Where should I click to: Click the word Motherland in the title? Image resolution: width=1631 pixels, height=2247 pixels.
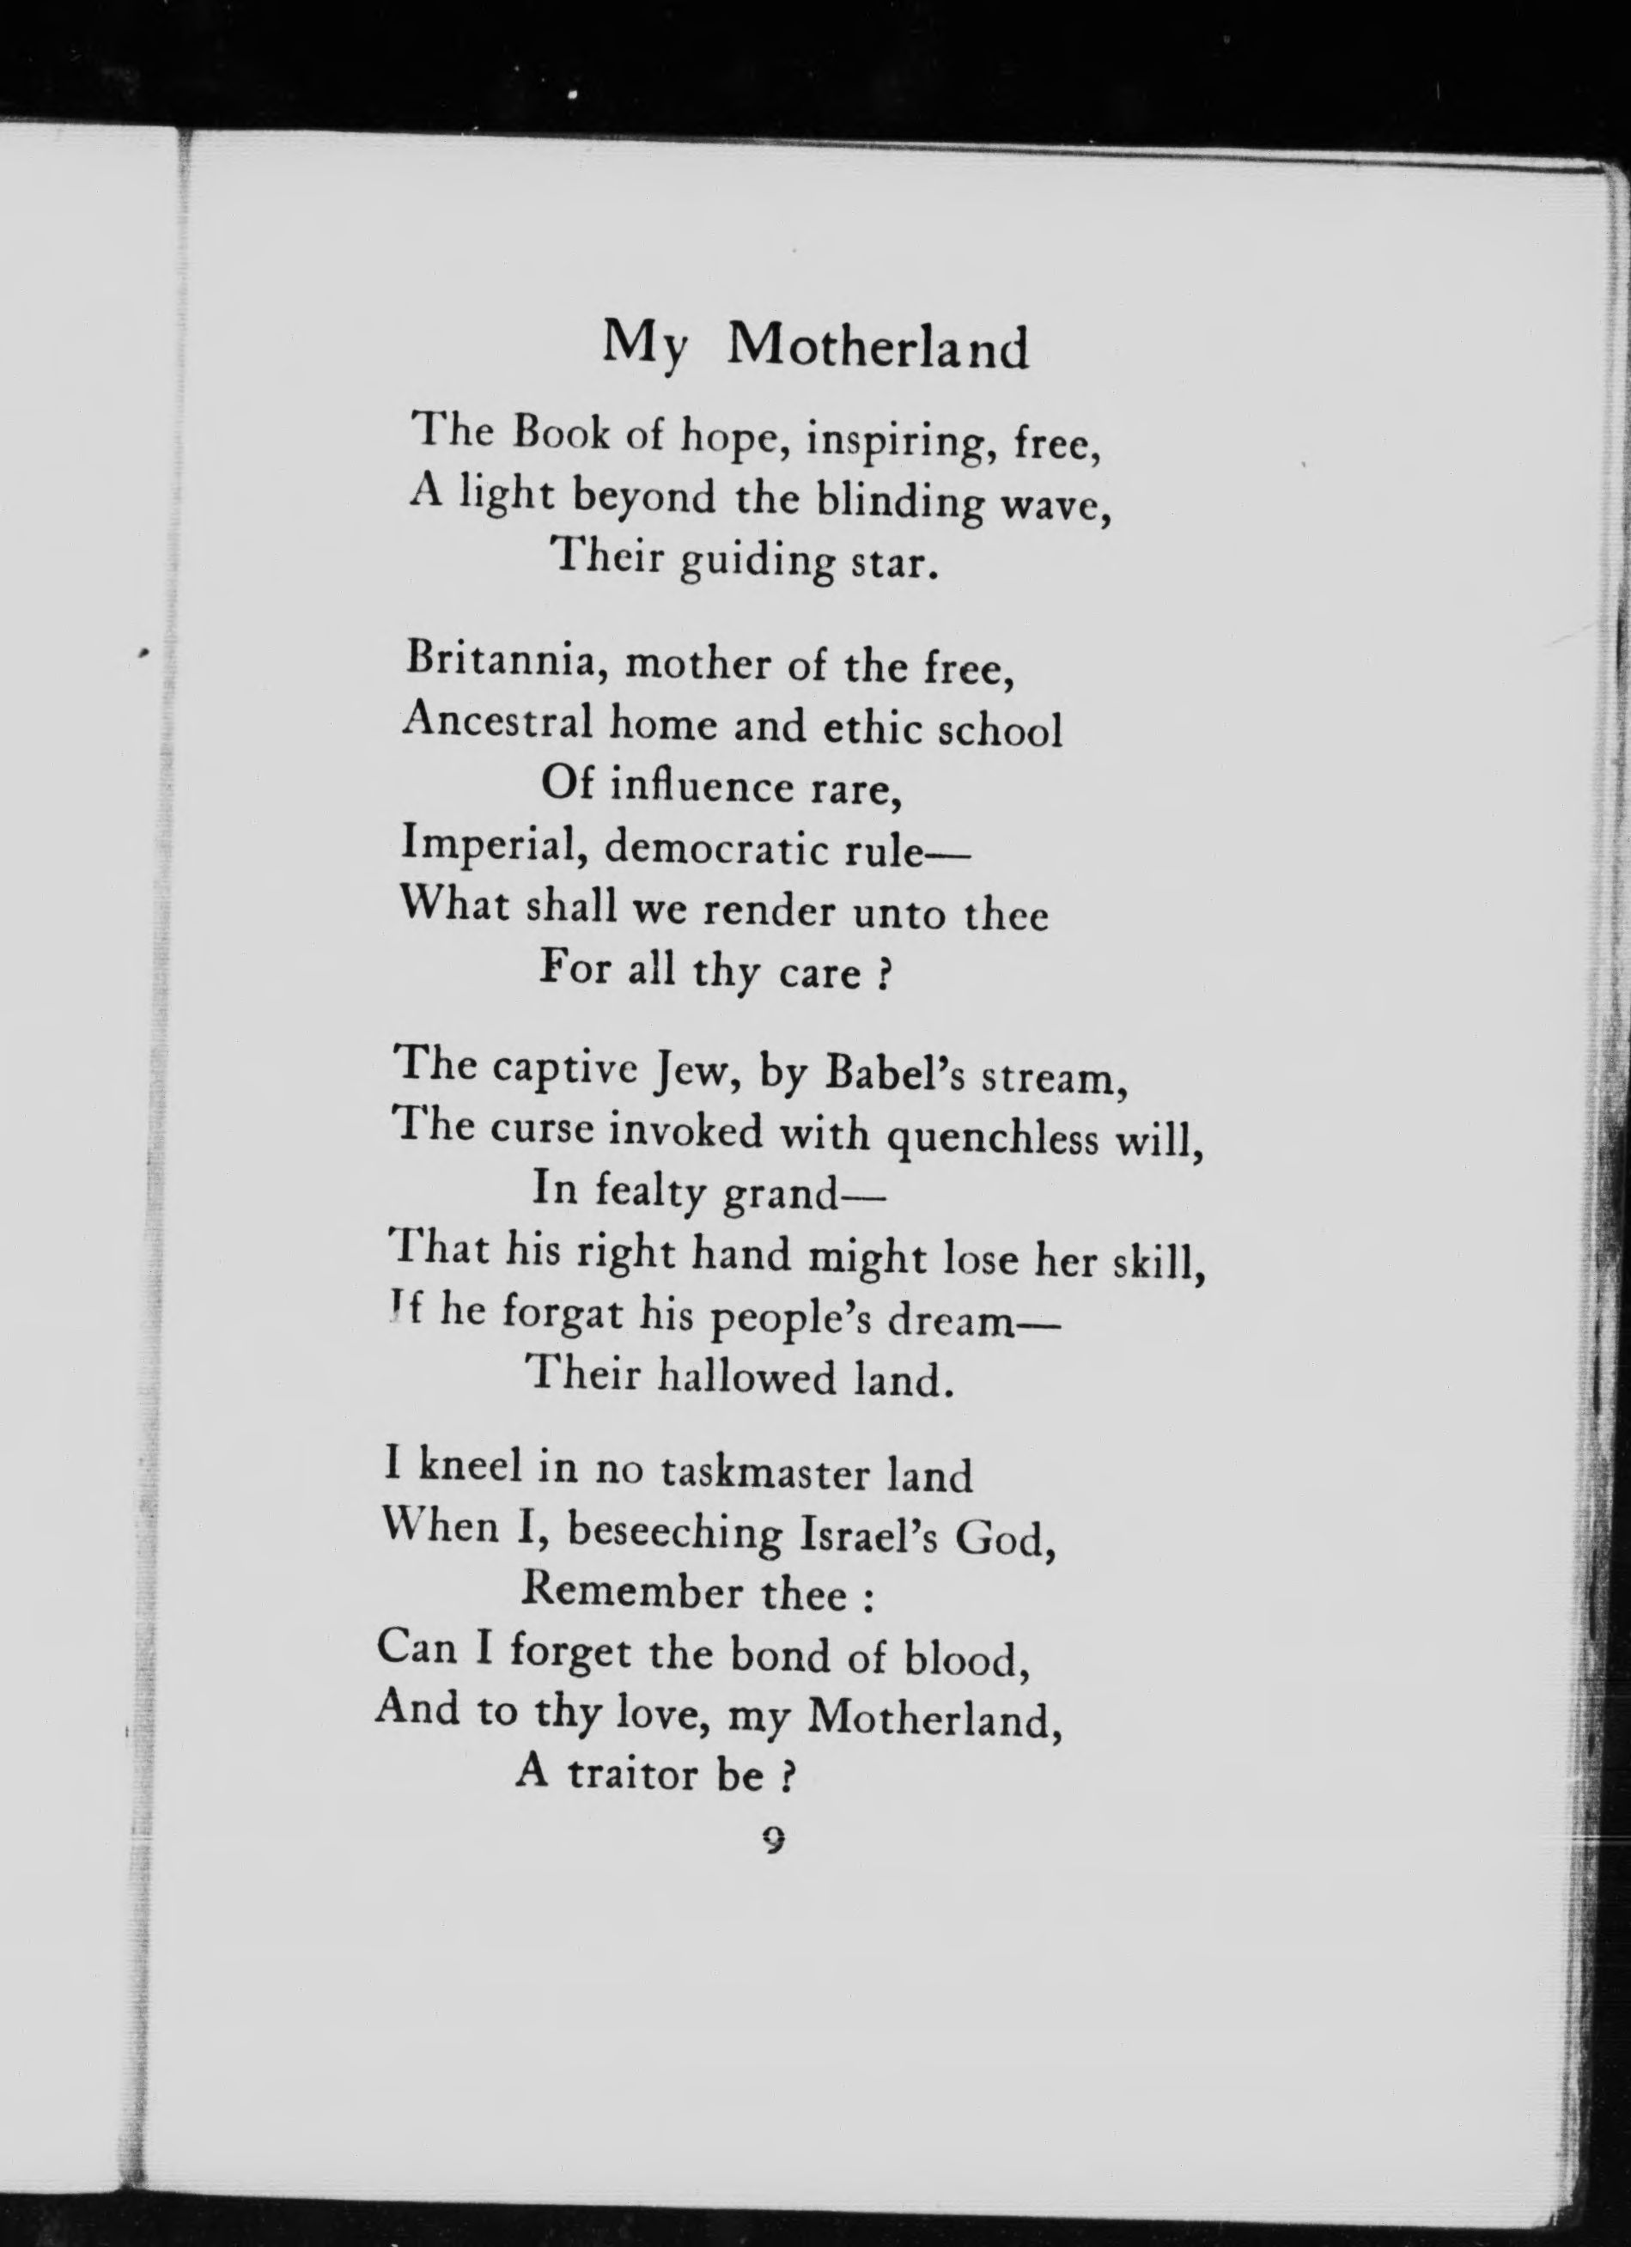click(x=878, y=347)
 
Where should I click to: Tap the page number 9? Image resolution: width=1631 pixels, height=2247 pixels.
click(x=774, y=1840)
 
